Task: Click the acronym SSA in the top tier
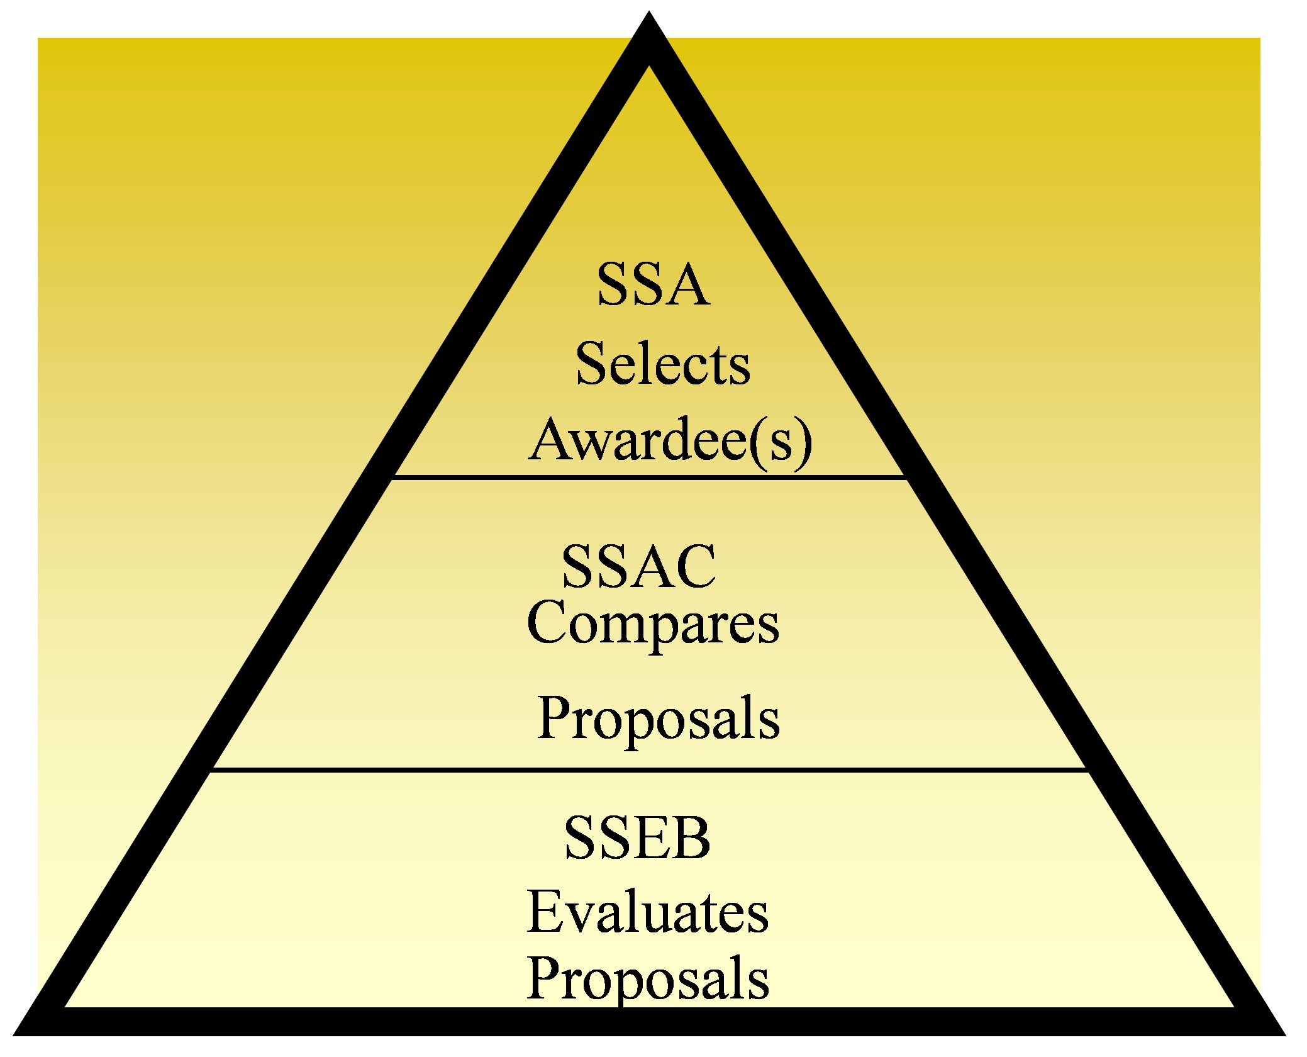pyautogui.click(x=653, y=284)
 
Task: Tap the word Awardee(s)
pyautogui.click(x=670, y=440)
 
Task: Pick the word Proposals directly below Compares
pyautogui.click(x=659, y=719)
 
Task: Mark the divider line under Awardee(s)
pyautogui.click(x=649, y=478)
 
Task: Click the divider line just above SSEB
pyautogui.click(x=649, y=769)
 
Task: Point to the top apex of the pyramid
pyautogui.click(x=649, y=14)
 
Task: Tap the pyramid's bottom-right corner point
pyautogui.click(x=1284, y=1034)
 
